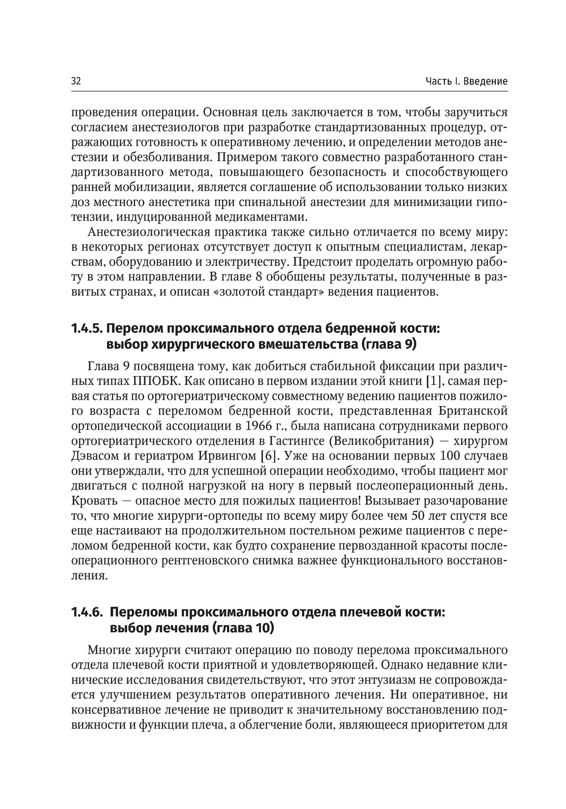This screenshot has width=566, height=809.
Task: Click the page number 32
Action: click(x=76, y=82)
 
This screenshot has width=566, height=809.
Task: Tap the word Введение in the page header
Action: click(x=485, y=82)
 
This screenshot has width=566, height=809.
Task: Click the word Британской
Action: click(x=473, y=410)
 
